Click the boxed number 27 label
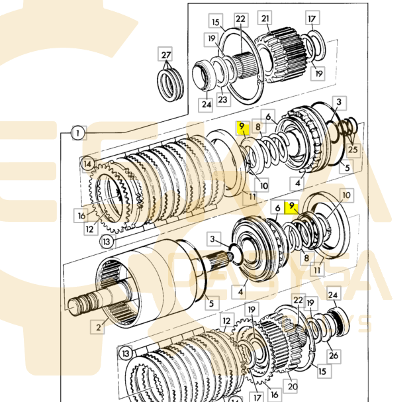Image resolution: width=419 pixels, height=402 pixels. point(165,54)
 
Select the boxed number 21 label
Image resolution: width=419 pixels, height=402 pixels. point(265,19)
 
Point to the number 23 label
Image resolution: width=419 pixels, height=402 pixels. point(222,99)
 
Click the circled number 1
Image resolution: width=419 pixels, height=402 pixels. point(77,133)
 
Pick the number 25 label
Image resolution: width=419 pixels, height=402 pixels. point(353,150)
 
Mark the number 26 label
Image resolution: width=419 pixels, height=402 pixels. point(334,356)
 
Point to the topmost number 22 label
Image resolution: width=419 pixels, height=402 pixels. point(240,19)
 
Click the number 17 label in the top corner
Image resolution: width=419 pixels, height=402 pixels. point(312,19)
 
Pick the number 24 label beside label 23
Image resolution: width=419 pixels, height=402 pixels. point(206,103)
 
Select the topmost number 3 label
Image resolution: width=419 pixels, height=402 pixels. point(338,102)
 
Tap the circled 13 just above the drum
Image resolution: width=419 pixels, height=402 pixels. point(107,242)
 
